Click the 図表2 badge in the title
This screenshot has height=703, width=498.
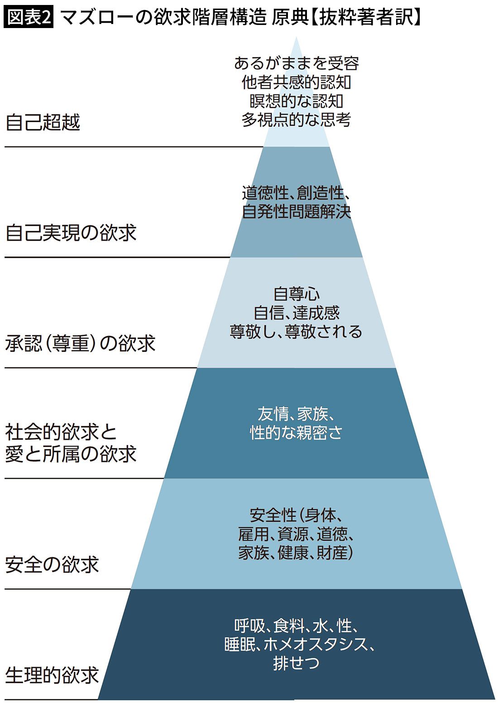(29, 18)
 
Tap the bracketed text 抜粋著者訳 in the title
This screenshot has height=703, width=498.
(366, 18)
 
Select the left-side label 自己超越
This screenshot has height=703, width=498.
(43, 123)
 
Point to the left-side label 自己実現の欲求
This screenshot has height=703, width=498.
(71, 233)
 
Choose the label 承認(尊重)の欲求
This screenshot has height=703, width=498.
(81, 343)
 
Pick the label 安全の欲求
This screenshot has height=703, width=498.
(52, 565)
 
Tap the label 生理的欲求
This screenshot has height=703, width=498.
(52, 675)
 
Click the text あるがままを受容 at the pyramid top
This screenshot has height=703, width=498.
(297, 63)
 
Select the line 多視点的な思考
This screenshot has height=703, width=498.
(297, 120)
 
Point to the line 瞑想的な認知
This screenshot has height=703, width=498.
(297, 101)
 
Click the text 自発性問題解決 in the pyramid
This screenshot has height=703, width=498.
(297, 212)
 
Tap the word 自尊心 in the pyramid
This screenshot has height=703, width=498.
(297, 294)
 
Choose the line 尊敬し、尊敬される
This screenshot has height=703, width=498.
(297, 332)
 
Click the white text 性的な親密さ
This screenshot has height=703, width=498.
(297, 433)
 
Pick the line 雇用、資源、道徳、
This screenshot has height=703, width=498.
(297, 534)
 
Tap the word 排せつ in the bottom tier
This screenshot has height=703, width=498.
(297, 663)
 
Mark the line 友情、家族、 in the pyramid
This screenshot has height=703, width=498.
(297, 414)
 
